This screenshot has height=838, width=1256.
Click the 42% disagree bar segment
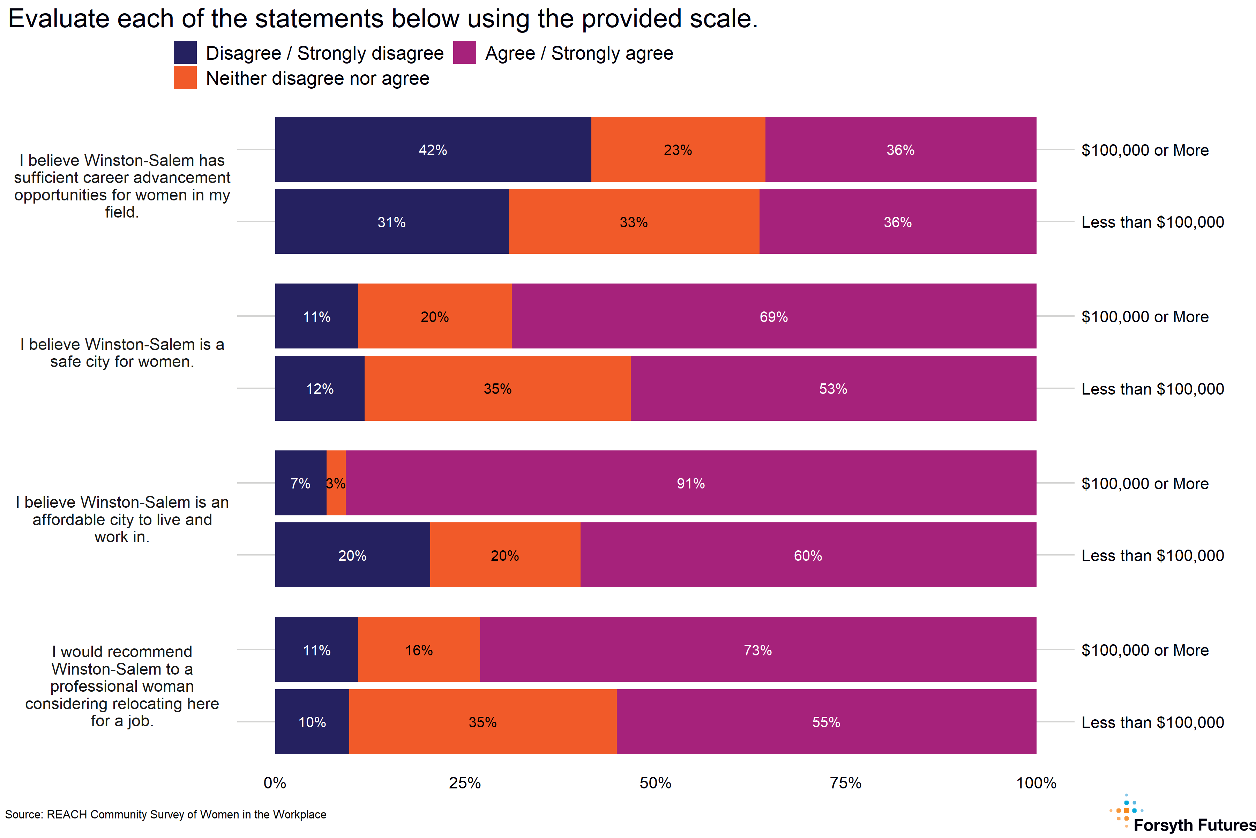[x=433, y=150]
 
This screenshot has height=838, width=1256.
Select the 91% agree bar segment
[x=690, y=483]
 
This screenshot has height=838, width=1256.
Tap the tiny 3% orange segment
[x=336, y=483]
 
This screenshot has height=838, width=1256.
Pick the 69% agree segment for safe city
[x=773, y=316]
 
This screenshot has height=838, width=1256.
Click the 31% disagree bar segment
[x=391, y=222]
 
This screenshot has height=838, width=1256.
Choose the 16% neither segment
[x=419, y=650]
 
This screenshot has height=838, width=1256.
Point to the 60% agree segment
[x=807, y=555]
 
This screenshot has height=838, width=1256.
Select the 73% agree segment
[x=757, y=650]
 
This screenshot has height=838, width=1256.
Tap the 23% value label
[x=678, y=150]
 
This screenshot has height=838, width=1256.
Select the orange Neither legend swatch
[x=185, y=78]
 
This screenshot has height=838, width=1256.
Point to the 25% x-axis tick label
[x=465, y=783]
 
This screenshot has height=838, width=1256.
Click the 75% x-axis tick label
[x=845, y=783]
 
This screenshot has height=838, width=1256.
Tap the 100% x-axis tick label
[x=1036, y=783]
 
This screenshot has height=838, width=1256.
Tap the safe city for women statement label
[x=122, y=353]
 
